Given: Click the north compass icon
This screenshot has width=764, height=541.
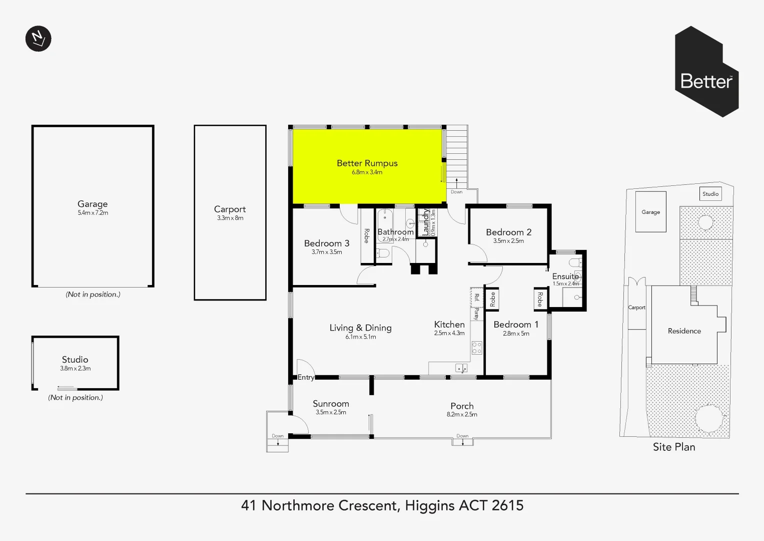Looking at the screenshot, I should [x=38, y=39].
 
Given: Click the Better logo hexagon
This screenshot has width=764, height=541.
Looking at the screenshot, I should [x=706, y=72].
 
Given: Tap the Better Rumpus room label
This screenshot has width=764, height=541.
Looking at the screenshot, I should [x=367, y=163].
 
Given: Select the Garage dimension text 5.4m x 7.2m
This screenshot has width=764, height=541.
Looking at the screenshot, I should [x=93, y=213].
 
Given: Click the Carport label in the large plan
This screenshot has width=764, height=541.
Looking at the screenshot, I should [x=230, y=209].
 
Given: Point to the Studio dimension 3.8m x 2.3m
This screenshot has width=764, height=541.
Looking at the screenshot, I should [x=75, y=369].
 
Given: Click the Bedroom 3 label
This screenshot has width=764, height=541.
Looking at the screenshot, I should [x=326, y=243].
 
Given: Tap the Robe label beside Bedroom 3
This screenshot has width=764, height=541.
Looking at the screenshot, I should [x=367, y=236].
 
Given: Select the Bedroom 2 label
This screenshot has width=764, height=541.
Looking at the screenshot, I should [x=508, y=232].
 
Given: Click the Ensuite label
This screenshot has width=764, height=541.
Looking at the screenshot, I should [x=565, y=277].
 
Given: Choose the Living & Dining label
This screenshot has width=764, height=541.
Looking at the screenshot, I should [x=360, y=328].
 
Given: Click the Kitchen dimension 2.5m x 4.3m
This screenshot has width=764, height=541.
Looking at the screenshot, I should [x=449, y=333].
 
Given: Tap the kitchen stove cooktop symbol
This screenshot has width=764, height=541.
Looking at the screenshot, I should [x=477, y=348].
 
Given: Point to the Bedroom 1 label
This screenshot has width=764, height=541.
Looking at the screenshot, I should [x=516, y=325].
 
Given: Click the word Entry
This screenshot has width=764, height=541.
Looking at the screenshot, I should [x=306, y=378].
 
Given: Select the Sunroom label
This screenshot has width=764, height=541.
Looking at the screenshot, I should [x=331, y=404].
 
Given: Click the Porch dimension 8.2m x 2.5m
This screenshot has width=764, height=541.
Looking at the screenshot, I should [x=462, y=415].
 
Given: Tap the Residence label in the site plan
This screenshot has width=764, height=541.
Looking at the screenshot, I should [x=684, y=331].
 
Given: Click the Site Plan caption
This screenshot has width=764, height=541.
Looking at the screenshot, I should [x=673, y=447].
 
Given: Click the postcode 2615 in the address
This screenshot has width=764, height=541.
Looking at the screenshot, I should [x=507, y=505].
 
